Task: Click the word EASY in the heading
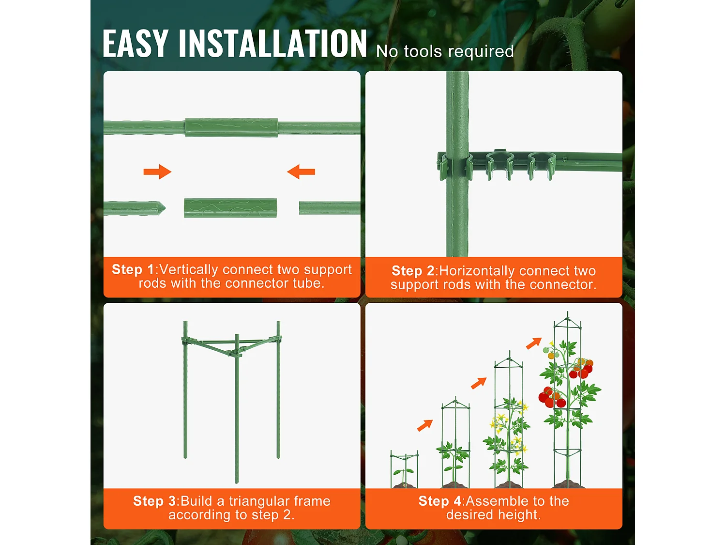tap(136, 44)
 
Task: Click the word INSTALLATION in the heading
tap(273, 44)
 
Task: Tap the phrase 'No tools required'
tap(445, 51)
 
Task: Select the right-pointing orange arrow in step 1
tap(157, 171)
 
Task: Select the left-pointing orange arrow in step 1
tap(301, 171)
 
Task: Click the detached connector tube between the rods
tap(230, 208)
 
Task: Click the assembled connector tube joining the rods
tap(231, 127)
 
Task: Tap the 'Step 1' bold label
tap(133, 269)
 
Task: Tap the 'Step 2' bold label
tap(412, 271)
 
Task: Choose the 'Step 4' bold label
tap(439, 501)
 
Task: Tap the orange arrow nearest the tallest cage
tap(533, 343)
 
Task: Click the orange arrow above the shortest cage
tap(424, 425)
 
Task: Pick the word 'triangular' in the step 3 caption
tap(259, 501)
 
